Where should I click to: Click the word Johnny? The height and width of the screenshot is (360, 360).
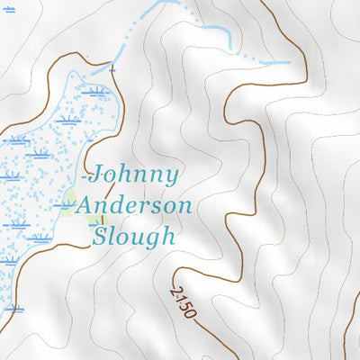[135, 175]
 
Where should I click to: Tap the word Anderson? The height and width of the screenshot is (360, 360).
[133, 206]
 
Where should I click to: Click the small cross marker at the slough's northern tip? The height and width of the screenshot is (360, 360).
[112, 68]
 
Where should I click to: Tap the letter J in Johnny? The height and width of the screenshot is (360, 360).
[98, 174]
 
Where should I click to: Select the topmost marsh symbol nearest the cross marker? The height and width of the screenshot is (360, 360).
[94, 91]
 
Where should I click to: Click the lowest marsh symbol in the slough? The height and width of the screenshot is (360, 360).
[13, 309]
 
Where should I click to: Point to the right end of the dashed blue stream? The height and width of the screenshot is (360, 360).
[288, 62]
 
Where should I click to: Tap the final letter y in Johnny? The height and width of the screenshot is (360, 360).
[172, 178]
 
